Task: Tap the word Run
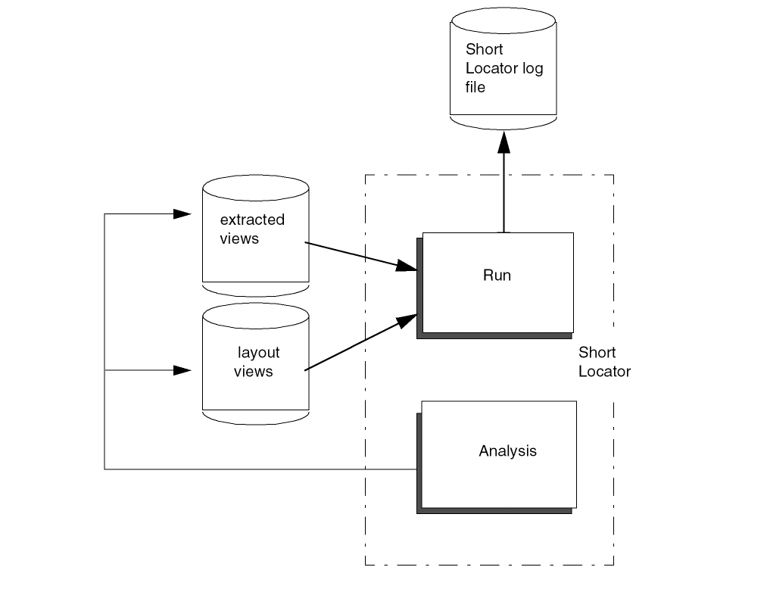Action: (497, 275)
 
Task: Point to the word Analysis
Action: (507, 451)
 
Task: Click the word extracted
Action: (252, 220)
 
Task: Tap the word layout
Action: (258, 353)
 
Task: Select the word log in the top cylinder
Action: (533, 69)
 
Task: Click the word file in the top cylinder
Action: (475, 87)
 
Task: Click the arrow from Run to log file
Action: (504, 189)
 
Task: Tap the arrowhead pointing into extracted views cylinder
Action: (182, 214)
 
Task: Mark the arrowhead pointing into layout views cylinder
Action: (182, 370)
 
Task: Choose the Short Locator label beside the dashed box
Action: (604, 362)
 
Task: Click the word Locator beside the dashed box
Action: (604, 372)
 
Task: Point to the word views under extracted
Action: (239, 239)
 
